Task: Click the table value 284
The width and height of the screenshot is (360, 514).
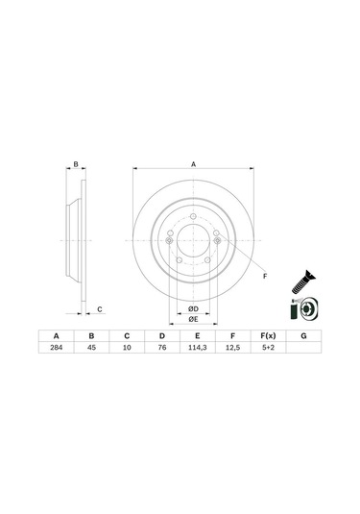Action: [x=57, y=348]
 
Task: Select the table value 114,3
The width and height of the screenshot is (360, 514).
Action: [x=197, y=348]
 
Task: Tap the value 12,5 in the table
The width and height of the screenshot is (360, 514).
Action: [x=232, y=348]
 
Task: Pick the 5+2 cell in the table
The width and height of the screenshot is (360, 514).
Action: [x=268, y=348]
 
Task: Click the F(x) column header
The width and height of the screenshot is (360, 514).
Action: [x=268, y=336]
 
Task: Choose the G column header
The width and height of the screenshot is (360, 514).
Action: [x=303, y=336]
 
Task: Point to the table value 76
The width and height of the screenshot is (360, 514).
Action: [x=162, y=348]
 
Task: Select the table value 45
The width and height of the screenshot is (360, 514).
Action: [x=92, y=348]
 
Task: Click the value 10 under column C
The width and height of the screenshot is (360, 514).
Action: [x=127, y=348]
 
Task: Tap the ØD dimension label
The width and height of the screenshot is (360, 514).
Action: [x=193, y=308]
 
